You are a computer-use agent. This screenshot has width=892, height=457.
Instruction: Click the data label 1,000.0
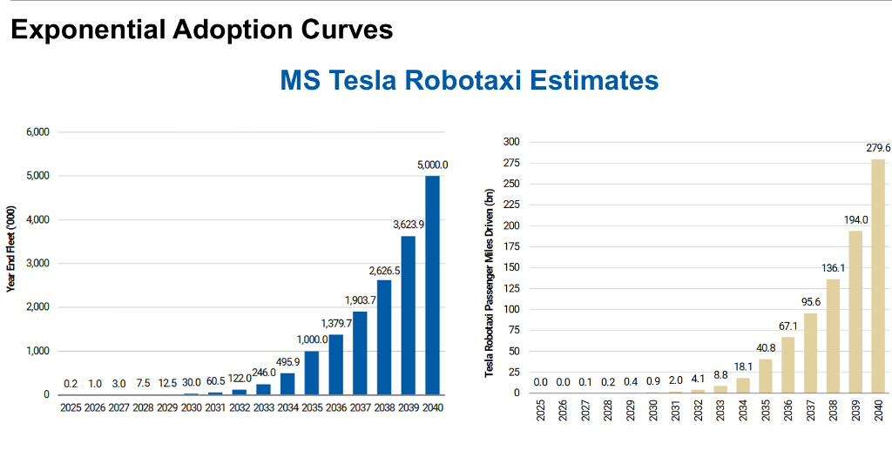[x=311, y=339]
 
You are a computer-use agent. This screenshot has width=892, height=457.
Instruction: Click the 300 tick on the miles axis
[x=511, y=142]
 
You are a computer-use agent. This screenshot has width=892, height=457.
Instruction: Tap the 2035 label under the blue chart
[x=311, y=408]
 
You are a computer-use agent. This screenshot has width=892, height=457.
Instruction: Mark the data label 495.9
[x=287, y=361]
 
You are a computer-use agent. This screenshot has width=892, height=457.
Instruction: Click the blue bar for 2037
[x=360, y=353]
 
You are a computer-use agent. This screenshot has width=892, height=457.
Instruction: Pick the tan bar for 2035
[x=765, y=375]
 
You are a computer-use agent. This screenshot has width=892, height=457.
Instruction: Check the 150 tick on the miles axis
[x=511, y=267]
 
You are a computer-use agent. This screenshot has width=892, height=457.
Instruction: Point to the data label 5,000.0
[x=432, y=164]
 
